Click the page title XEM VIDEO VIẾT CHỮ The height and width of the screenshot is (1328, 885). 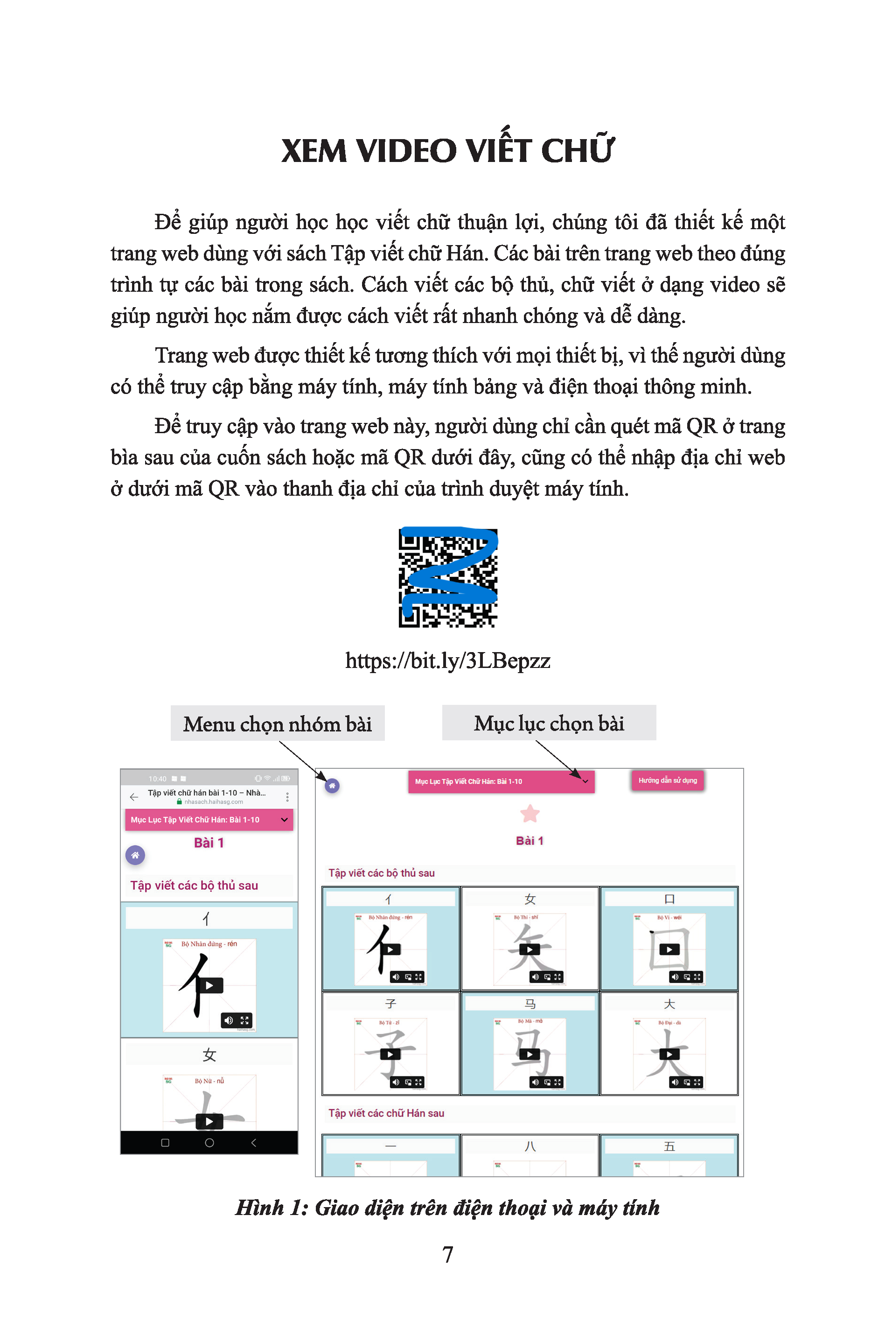point(447,151)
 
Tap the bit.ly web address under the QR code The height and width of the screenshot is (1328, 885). point(447,660)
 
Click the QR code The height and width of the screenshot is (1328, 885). point(447,577)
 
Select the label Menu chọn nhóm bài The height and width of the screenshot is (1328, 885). point(277,724)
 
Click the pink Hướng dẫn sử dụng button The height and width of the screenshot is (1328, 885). point(667,780)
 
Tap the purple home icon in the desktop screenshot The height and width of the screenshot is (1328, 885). point(333,786)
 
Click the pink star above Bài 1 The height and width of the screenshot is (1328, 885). point(530,814)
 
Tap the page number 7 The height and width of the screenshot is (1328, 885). point(447,1255)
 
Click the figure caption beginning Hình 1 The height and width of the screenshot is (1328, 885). point(447,1208)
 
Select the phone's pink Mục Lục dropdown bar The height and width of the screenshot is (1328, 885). point(209,820)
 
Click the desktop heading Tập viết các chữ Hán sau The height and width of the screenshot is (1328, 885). point(387,1113)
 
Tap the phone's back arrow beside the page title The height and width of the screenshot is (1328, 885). point(134,797)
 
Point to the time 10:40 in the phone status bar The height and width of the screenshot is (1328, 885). point(158,779)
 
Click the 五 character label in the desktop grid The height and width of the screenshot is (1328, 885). point(669,1146)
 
